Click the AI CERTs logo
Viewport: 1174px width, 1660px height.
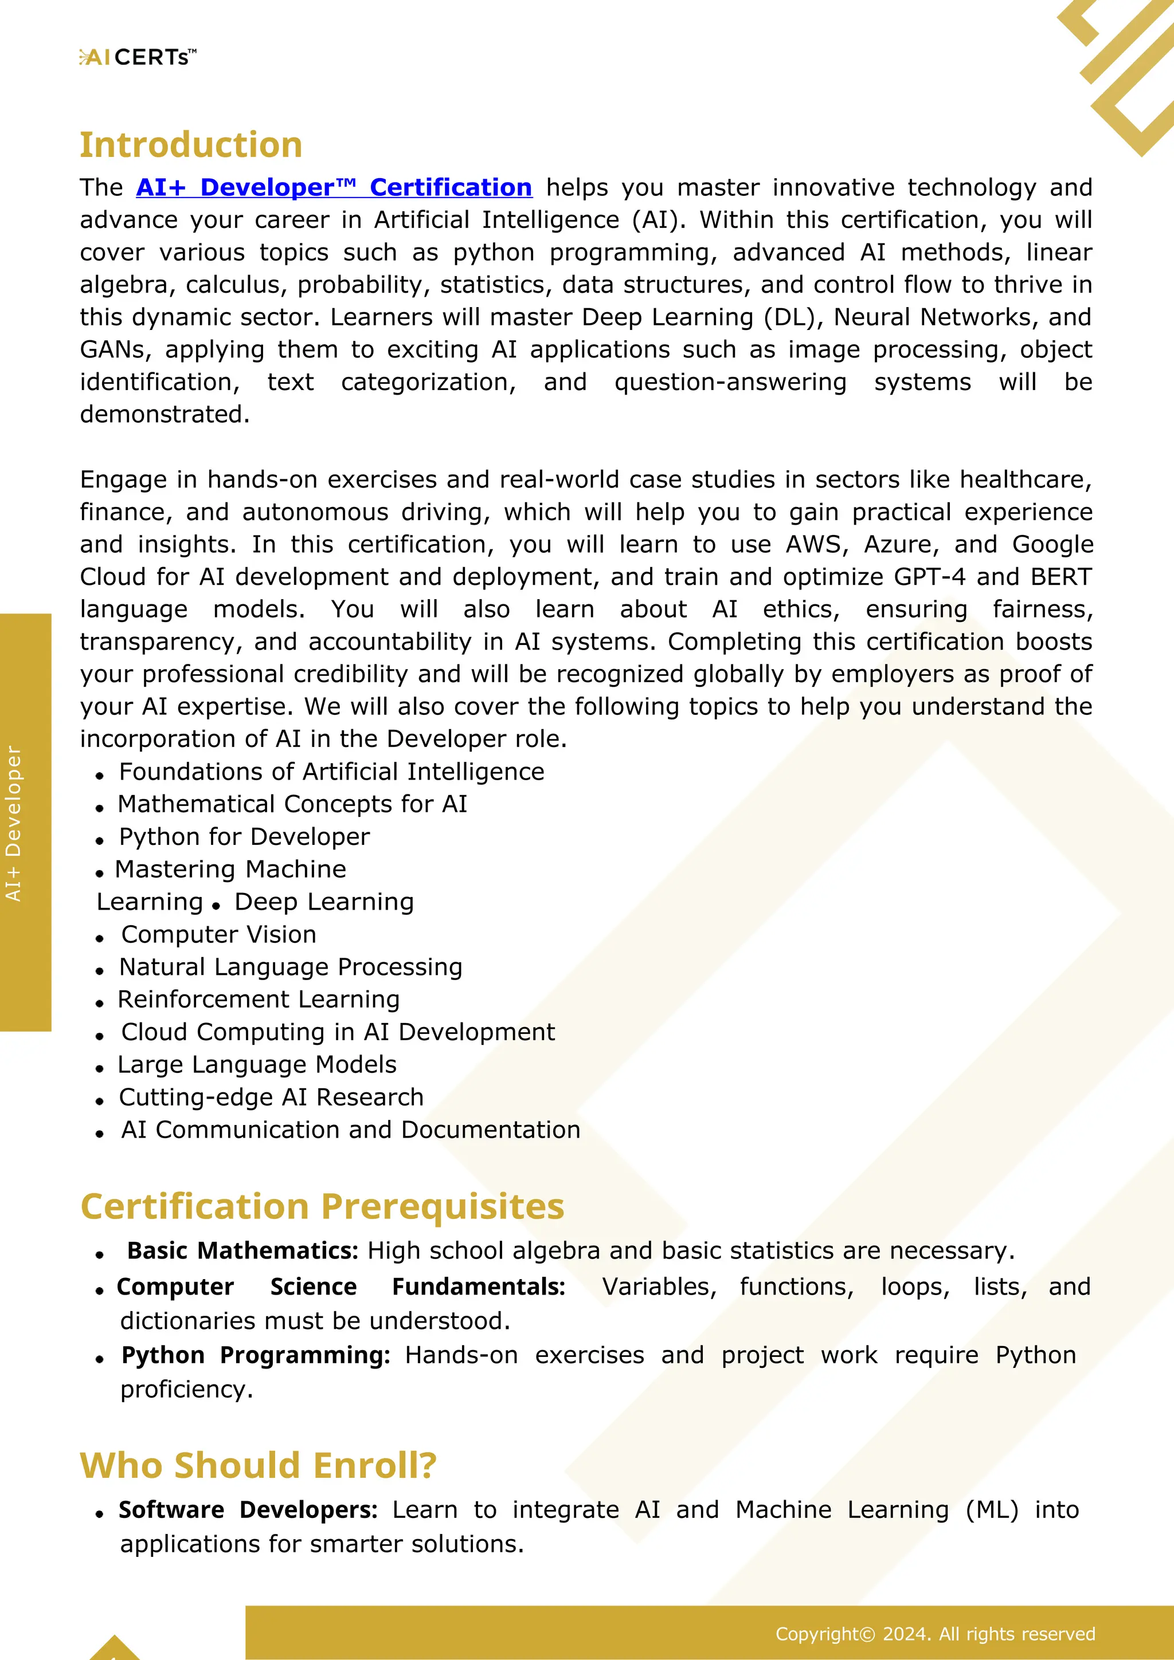pyautogui.click(x=138, y=57)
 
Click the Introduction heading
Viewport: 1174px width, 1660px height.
pyautogui.click(x=191, y=144)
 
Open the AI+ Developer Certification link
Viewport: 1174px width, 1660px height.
pyautogui.click(x=334, y=187)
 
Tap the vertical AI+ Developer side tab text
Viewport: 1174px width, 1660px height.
pyautogui.click(x=14, y=824)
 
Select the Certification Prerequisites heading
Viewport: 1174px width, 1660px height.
pyautogui.click(x=322, y=1207)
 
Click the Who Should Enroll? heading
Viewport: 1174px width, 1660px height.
pyautogui.click(x=258, y=1465)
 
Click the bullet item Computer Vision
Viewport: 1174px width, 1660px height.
pyautogui.click(x=218, y=934)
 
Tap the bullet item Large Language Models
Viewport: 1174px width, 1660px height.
pyautogui.click(x=257, y=1064)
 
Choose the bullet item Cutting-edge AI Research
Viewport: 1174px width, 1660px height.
pyautogui.click(x=271, y=1097)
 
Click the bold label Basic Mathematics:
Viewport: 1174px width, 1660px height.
pyautogui.click(x=242, y=1251)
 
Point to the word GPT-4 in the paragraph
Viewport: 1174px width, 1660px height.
pyautogui.click(x=929, y=577)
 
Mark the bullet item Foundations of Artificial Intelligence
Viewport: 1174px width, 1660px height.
pyautogui.click(x=331, y=772)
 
